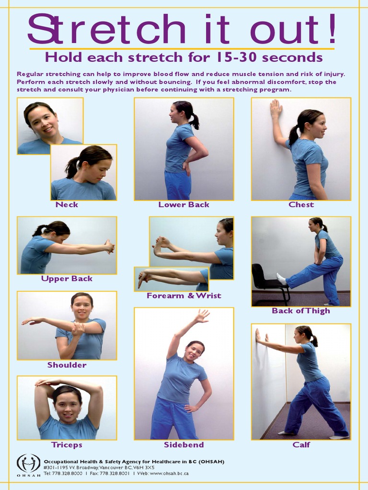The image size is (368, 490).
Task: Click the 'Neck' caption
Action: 67,205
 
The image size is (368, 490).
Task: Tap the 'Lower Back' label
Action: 184,205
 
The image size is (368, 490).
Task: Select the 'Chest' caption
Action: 301,205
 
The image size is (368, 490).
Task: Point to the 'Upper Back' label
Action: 67,279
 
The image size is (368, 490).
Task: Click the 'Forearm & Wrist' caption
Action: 184,296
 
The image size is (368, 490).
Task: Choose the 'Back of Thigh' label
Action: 301,311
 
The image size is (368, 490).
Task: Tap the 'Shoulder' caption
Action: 67,365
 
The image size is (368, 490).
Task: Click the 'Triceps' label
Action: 67,445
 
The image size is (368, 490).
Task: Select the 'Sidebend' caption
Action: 184,445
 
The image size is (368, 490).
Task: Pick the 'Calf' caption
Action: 301,445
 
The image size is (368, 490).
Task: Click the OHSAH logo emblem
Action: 28,463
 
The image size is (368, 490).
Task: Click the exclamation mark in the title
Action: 332,28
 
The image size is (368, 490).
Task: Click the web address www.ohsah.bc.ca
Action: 169,473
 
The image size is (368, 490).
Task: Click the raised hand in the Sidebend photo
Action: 202,316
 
